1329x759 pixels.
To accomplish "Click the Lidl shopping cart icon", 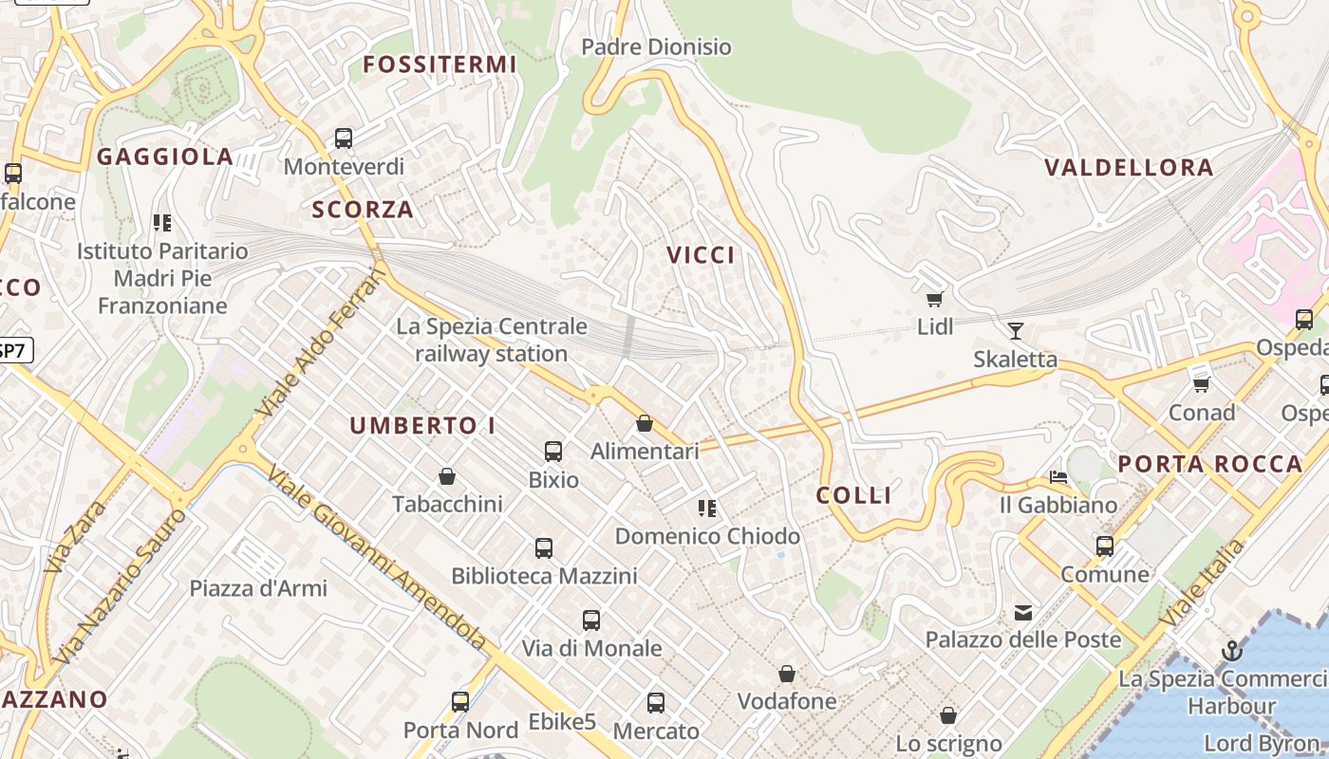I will coord(935,300).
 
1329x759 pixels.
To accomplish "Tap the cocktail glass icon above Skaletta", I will coord(1015,331).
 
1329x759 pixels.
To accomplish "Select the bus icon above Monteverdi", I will coord(344,139).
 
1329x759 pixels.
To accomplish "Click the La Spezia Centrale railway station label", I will coord(491,341).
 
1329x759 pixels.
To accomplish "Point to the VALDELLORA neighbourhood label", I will coord(1129,168).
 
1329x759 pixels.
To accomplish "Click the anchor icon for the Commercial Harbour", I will coord(1231,651).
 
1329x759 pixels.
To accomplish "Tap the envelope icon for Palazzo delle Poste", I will coord(1023,613).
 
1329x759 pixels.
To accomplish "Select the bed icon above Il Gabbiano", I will coord(1058,476).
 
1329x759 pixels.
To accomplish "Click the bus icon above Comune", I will coord(1104,546).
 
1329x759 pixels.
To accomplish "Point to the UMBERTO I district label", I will coord(422,426).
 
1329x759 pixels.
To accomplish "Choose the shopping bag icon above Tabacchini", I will coord(447,476).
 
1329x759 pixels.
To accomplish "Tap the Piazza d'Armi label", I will coord(258,588).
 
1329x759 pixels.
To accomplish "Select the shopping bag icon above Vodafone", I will coord(787,674).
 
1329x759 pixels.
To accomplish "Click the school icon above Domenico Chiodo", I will coord(707,509).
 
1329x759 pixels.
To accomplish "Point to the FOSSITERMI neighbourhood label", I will coord(440,65).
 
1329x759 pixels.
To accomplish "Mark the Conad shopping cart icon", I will coord(1201,384).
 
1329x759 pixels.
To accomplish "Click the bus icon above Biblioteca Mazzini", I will coord(544,548).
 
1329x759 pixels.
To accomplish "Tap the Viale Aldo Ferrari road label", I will coord(323,342).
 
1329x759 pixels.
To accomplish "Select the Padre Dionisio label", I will coord(656,46).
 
